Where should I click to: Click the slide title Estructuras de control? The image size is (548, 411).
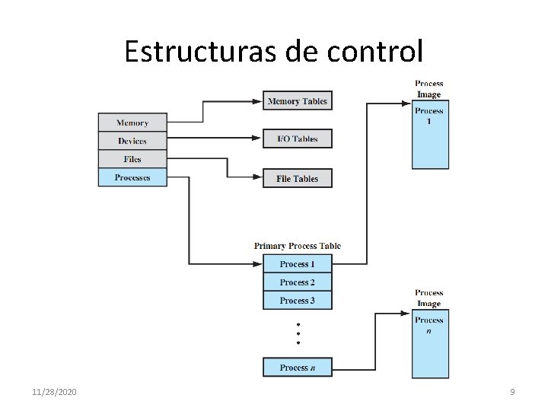point(273,52)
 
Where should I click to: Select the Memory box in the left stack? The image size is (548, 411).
point(132,123)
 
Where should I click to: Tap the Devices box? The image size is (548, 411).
point(132,141)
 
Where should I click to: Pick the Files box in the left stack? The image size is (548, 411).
point(132,159)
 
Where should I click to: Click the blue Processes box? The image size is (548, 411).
point(132,178)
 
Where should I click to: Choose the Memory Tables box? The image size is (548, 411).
point(298,101)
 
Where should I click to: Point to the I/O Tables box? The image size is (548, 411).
point(298,139)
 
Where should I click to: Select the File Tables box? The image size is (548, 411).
point(298,179)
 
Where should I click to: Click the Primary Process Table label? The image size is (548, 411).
point(298,246)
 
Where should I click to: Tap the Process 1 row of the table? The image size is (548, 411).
point(298,264)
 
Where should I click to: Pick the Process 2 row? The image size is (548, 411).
point(298,282)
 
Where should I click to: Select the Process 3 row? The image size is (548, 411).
point(298,301)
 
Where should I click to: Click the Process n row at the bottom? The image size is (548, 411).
point(298,368)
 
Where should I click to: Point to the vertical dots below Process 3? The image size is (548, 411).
point(298,333)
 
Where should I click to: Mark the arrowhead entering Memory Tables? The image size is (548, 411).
point(258,101)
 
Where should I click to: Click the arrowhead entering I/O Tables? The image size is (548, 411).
point(258,139)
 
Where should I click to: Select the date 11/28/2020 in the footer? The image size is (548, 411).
point(54,392)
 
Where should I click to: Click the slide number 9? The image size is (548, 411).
point(512,392)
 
